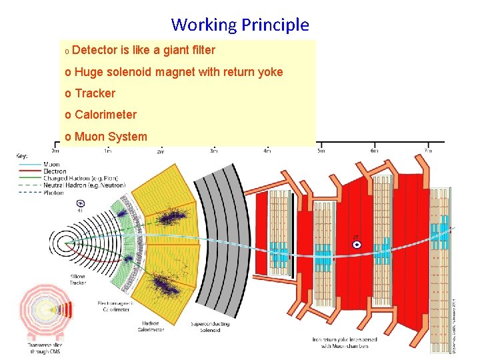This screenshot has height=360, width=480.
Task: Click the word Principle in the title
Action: pyautogui.click(x=275, y=25)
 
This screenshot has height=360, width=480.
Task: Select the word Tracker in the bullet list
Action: pyautogui.click(x=95, y=93)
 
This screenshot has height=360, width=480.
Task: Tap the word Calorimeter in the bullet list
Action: pyautogui.click(x=105, y=115)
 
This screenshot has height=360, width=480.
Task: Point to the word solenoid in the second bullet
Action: pyautogui.click(x=129, y=72)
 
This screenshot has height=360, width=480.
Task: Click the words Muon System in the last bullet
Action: pyautogui.click(x=111, y=137)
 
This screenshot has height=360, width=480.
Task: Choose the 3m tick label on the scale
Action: pyautogui.click(x=214, y=151)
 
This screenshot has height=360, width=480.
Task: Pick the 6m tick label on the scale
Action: pyautogui.click(x=375, y=151)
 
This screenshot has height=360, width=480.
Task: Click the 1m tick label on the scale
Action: pyautogui.click(x=107, y=151)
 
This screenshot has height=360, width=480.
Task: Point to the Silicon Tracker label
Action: pyautogui.click(x=78, y=279)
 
